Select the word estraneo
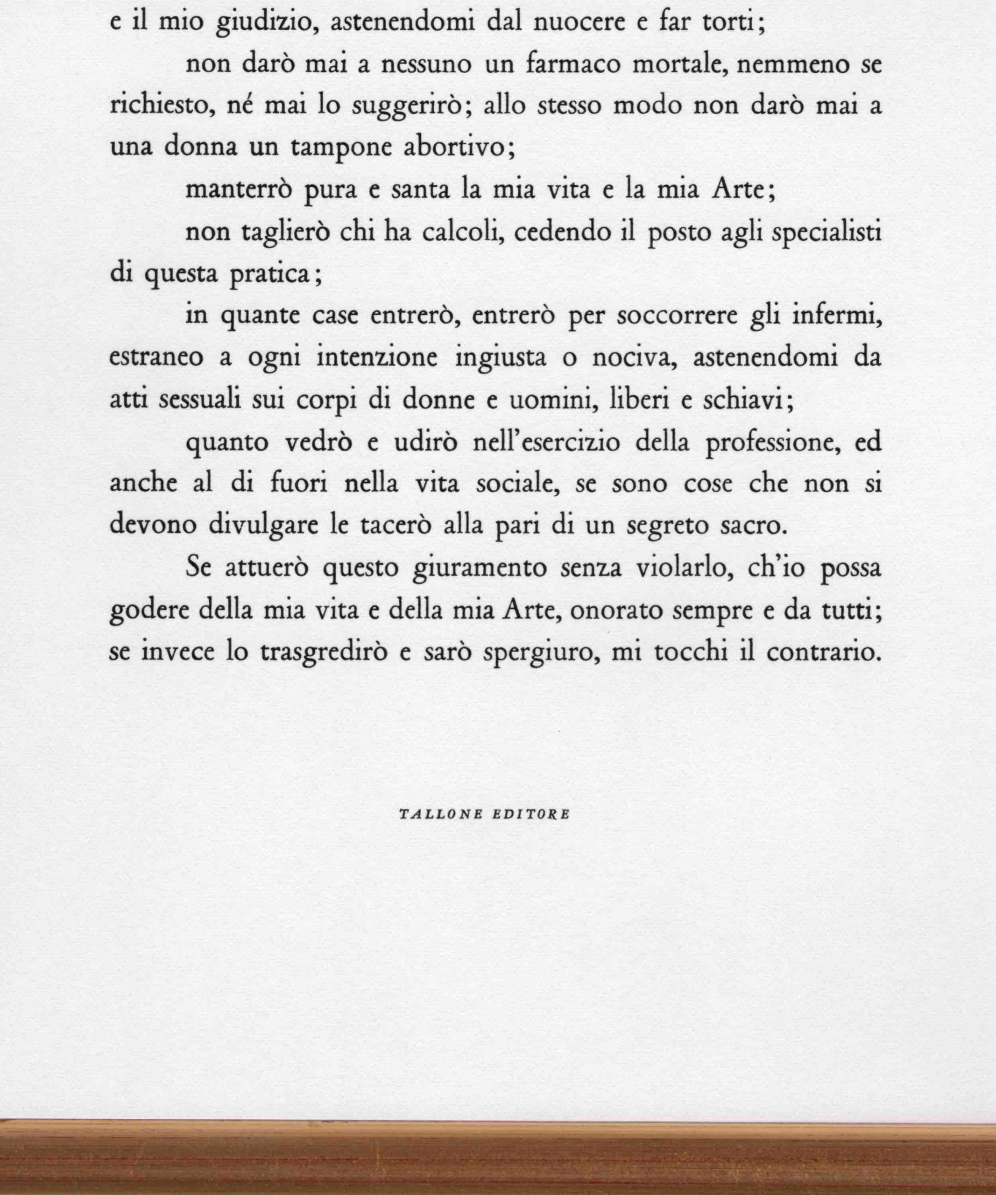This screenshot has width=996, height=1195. (155, 358)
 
